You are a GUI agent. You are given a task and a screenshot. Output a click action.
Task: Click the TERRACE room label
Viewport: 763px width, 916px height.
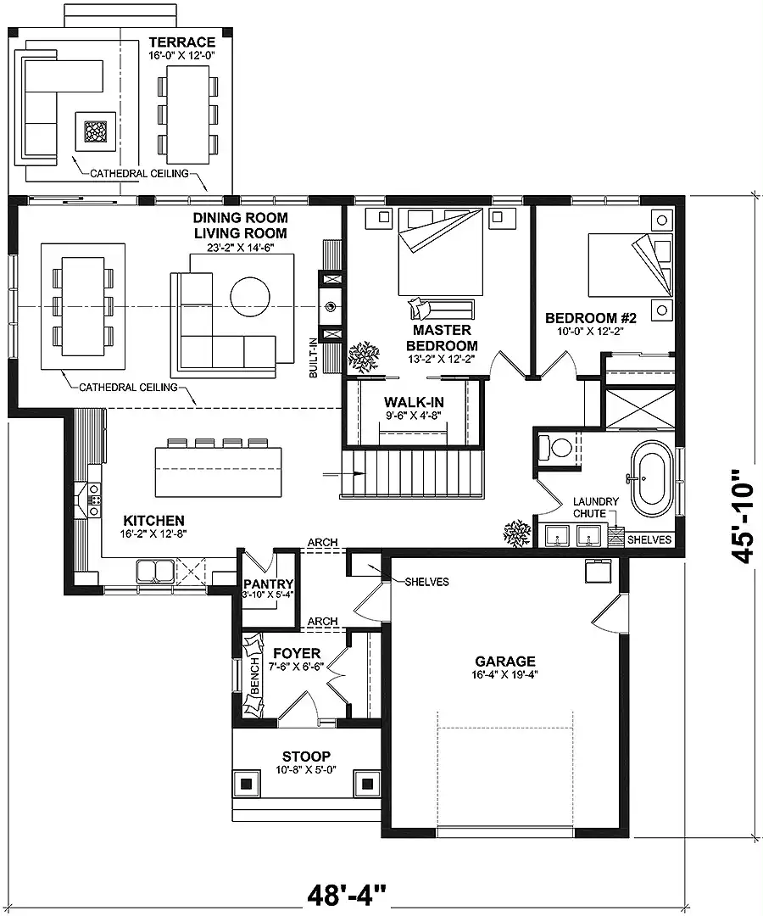181,42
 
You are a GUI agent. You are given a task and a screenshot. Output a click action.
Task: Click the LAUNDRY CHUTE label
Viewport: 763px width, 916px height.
595,507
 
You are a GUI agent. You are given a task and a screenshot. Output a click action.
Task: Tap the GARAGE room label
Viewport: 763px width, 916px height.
505,662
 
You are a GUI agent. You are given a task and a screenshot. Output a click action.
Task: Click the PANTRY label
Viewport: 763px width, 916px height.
269,584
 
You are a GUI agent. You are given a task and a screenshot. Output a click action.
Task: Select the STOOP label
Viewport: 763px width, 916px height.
307,757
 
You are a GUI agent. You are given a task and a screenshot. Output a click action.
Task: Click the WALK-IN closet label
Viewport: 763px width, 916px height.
414,402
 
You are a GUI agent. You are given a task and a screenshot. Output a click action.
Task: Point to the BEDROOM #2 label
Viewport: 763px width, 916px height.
591,318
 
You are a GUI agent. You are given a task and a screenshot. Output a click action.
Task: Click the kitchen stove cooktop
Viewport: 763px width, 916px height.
93,500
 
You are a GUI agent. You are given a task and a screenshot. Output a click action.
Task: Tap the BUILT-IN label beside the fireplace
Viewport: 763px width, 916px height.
314,358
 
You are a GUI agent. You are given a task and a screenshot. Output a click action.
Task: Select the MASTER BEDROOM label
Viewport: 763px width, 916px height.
442,338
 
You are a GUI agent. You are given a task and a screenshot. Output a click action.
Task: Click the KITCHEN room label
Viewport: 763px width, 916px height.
154,521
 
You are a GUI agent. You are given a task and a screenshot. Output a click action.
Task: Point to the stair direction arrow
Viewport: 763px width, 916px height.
337,473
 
